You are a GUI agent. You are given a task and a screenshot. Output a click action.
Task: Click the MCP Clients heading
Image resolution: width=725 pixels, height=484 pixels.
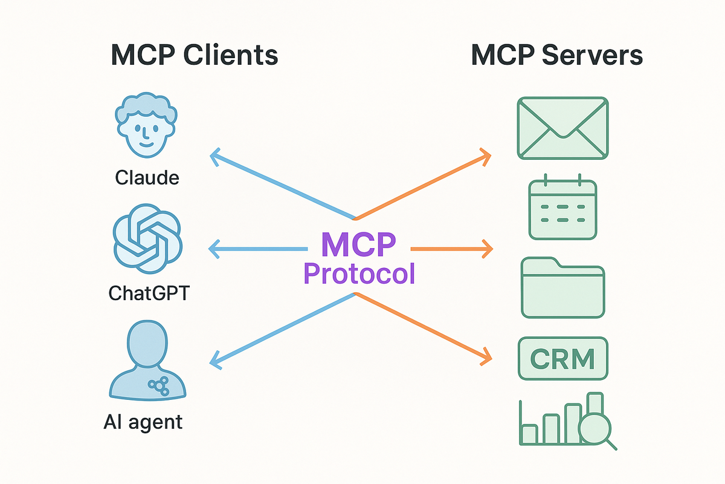[195, 55]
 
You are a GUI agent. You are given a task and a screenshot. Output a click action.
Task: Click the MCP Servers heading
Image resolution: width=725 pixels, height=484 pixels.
[556, 55]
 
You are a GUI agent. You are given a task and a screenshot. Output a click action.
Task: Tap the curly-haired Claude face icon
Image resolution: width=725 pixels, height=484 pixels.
[146, 125]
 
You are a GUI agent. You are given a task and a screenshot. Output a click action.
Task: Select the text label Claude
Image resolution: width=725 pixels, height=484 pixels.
[147, 178]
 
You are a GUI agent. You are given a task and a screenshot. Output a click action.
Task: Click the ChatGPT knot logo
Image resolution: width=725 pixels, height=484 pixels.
[147, 238]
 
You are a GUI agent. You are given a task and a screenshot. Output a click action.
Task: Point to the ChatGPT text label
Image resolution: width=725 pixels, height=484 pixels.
[149, 293]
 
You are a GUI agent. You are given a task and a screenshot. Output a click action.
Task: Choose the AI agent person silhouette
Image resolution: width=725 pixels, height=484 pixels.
[147, 360]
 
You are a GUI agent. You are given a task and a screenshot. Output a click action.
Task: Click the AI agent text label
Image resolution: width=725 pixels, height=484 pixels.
[143, 422]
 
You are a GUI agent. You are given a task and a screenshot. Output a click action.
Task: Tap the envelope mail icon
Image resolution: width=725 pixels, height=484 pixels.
[563, 128]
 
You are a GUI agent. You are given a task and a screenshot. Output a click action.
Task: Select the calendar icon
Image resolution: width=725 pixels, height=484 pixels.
[563, 207]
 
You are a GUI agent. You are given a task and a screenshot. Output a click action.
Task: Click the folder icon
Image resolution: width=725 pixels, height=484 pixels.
[563, 287]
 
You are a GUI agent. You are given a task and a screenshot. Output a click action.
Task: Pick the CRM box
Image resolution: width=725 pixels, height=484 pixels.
[563, 359]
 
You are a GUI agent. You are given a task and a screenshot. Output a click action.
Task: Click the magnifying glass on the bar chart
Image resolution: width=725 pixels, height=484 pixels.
[596, 429]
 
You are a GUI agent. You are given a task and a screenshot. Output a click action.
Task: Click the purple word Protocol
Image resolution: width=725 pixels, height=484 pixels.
[359, 273]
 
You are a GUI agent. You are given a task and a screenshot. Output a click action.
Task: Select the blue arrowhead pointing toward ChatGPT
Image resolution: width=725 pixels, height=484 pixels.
[214, 249]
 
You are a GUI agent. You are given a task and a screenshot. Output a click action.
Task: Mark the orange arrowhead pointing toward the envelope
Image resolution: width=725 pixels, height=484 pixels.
[486, 157]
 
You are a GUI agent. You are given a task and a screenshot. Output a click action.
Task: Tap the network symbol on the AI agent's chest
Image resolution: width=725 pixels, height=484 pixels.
[158, 386]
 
